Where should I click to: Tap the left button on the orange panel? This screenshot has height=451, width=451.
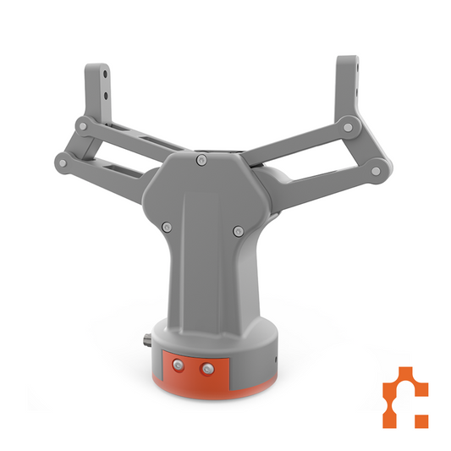pyautogui.click(x=178, y=366)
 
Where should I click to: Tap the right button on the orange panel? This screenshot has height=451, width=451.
pyautogui.click(x=206, y=367)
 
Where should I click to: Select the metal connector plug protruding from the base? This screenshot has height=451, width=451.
pyautogui.click(x=146, y=343)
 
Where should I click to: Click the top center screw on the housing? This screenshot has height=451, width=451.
pyautogui.click(x=200, y=161)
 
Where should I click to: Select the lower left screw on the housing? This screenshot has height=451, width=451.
pyautogui.click(x=167, y=226)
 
